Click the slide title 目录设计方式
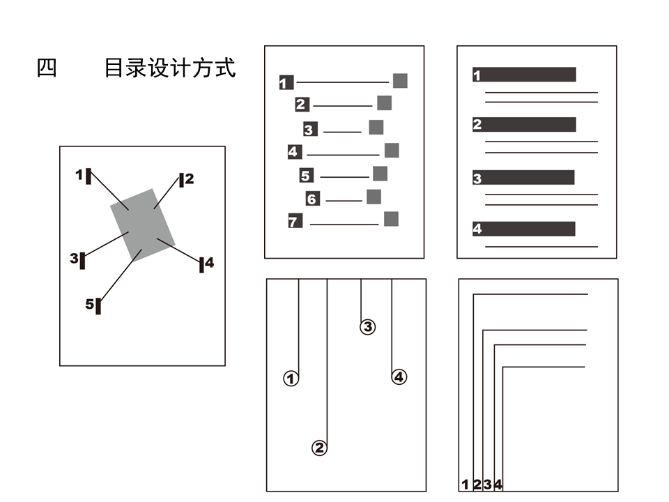click(x=170, y=68)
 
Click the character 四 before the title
click(x=47, y=68)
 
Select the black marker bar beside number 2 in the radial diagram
click(x=181, y=181)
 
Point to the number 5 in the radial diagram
click(x=89, y=304)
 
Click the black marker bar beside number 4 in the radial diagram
click(x=201, y=264)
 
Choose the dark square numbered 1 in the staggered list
click(x=286, y=83)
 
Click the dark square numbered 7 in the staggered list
click(x=295, y=222)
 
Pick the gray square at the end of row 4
click(x=392, y=151)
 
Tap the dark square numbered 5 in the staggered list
click(x=307, y=176)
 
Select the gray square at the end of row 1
click(x=400, y=80)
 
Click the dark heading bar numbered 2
click(x=524, y=125)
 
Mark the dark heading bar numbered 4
click(x=524, y=229)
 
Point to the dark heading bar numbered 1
click(x=524, y=75)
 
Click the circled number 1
click(x=291, y=379)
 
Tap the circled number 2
click(x=319, y=448)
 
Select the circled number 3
click(x=367, y=326)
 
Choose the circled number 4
click(x=399, y=377)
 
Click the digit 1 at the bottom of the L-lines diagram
click(x=465, y=485)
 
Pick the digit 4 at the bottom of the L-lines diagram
click(x=498, y=485)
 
